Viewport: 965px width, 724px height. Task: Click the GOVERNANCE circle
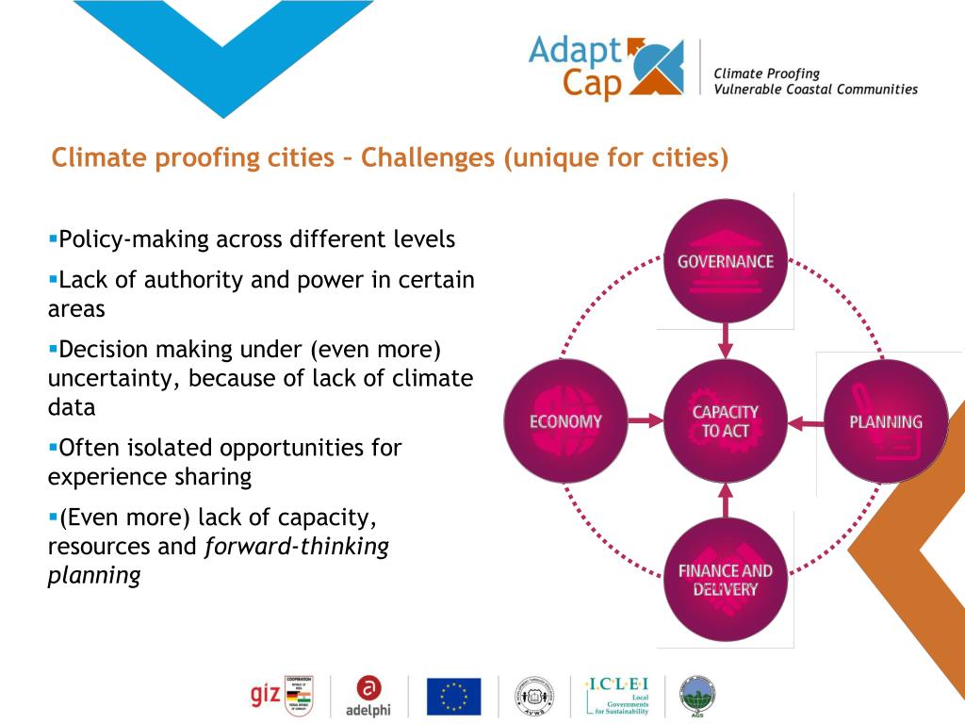[x=725, y=260]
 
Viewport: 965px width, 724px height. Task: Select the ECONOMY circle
[x=565, y=420]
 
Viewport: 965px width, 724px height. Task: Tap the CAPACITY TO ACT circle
[x=725, y=420]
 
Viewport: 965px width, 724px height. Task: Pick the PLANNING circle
[x=885, y=420]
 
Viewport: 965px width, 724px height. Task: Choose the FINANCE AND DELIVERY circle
[x=725, y=580]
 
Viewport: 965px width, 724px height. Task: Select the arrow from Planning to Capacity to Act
[x=805, y=421]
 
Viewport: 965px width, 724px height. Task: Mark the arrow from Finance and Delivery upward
[x=725, y=501]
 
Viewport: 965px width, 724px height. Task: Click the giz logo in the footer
[x=265, y=696]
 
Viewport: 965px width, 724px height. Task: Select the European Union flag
[x=453, y=697]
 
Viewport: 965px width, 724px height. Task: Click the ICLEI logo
[x=617, y=696]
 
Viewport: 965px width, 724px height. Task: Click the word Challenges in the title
[x=428, y=157]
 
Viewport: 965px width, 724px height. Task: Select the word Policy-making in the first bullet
[x=131, y=239]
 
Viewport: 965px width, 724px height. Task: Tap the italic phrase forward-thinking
[x=297, y=547]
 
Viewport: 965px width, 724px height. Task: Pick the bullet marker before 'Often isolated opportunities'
[x=53, y=447]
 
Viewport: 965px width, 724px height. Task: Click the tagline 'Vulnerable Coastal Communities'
[x=815, y=90]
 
